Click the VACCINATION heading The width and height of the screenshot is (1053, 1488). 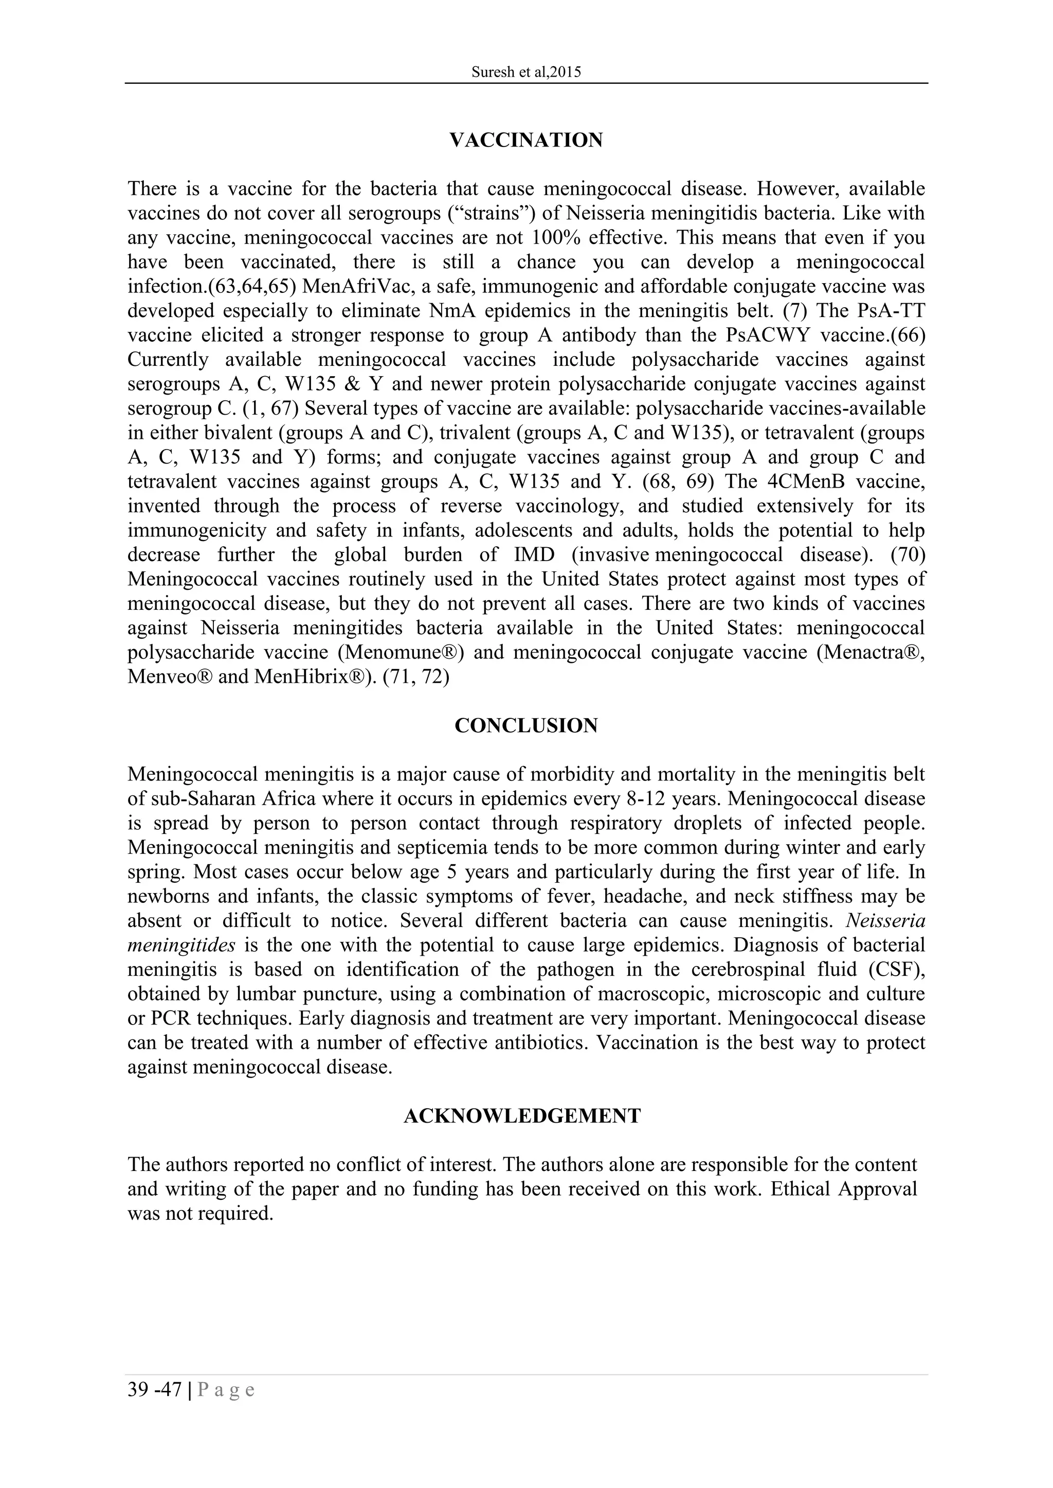(526, 140)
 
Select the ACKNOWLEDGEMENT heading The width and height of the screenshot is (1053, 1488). (522, 1116)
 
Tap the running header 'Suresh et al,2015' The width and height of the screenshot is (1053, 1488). (526, 72)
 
